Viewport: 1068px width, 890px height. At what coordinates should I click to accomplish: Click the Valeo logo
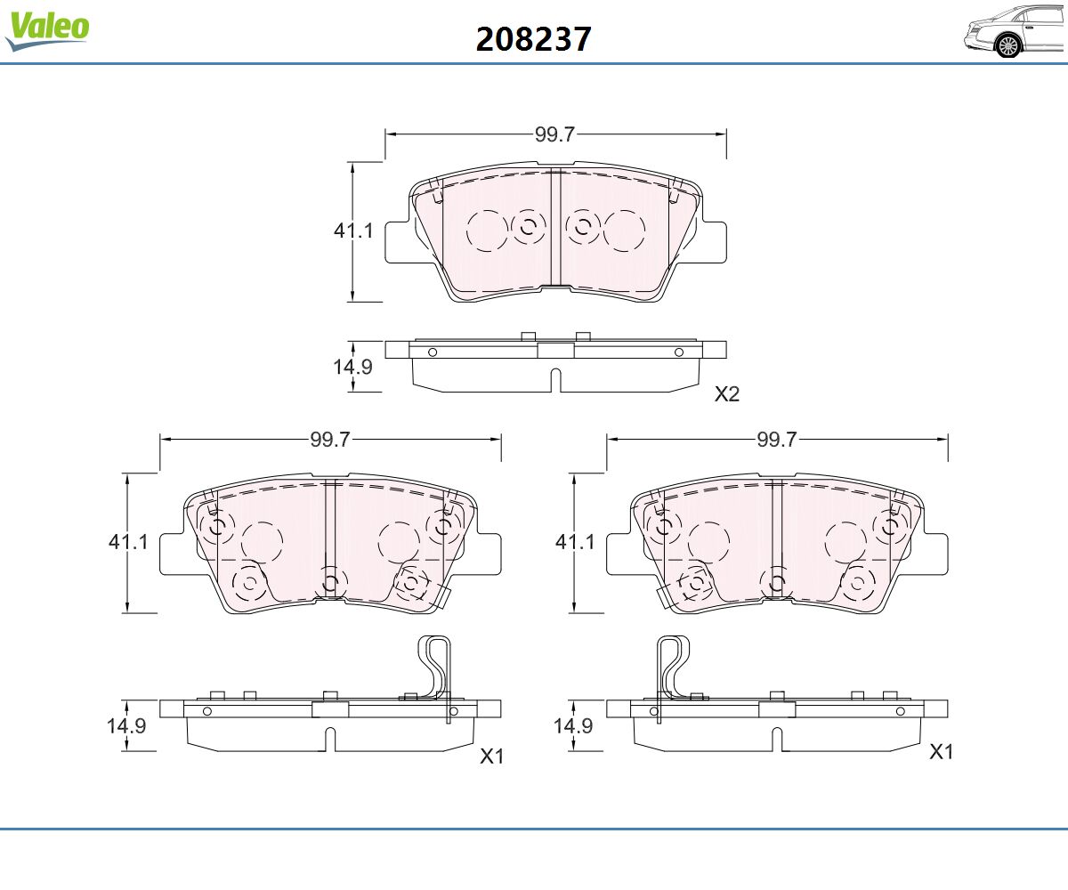47,30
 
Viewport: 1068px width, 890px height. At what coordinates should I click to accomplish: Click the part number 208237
533,39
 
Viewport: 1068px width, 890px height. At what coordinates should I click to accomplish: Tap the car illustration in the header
1015,31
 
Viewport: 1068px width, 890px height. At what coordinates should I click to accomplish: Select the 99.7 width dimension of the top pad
555,134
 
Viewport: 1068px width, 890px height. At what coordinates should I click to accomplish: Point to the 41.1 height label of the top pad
353,231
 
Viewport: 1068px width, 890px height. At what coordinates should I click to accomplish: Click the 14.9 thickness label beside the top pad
353,367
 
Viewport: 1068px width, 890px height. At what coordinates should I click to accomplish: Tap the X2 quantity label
727,394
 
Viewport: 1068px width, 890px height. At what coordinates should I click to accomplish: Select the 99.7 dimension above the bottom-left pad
330,440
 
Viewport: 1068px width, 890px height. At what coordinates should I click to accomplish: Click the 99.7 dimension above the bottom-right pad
777,440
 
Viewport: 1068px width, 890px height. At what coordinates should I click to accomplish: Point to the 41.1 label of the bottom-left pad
128,542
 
